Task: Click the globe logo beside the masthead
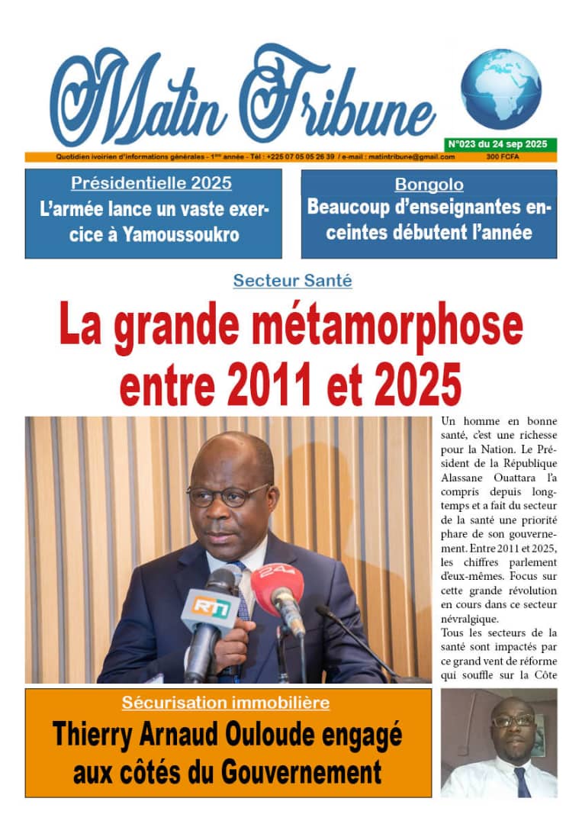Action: click(500, 89)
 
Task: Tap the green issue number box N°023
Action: click(500, 144)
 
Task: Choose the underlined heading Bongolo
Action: click(429, 184)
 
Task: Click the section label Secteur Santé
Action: click(292, 280)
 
